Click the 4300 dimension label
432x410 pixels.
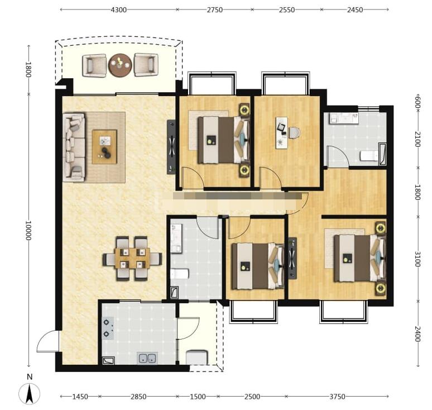click(x=118, y=10)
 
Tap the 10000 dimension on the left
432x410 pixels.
click(x=28, y=230)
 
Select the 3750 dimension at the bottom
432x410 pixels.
click(x=337, y=397)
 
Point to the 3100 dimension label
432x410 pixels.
click(x=417, y=259)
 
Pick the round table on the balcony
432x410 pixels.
click(x=120, y=65)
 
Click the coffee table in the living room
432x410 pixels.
click(x=104, y=147)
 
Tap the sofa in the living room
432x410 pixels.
click(x=74, y=147)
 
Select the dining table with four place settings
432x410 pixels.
click(x=132, y=259)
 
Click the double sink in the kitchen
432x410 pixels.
click(x=147, y=359)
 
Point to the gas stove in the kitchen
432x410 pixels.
click(x=108, y=328)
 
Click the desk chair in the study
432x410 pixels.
click(x=294, y=132)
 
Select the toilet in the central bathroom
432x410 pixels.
click(x=179, y=274)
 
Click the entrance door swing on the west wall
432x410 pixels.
click(x=47, y=341)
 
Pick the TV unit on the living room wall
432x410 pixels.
click(x=171, y=147)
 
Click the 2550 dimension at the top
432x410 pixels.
click(x=287, y=10)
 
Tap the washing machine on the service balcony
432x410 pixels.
click(x=196, y=357)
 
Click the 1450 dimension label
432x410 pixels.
click(x=80, y=397)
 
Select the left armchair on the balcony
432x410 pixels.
click(x=94, y=65)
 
